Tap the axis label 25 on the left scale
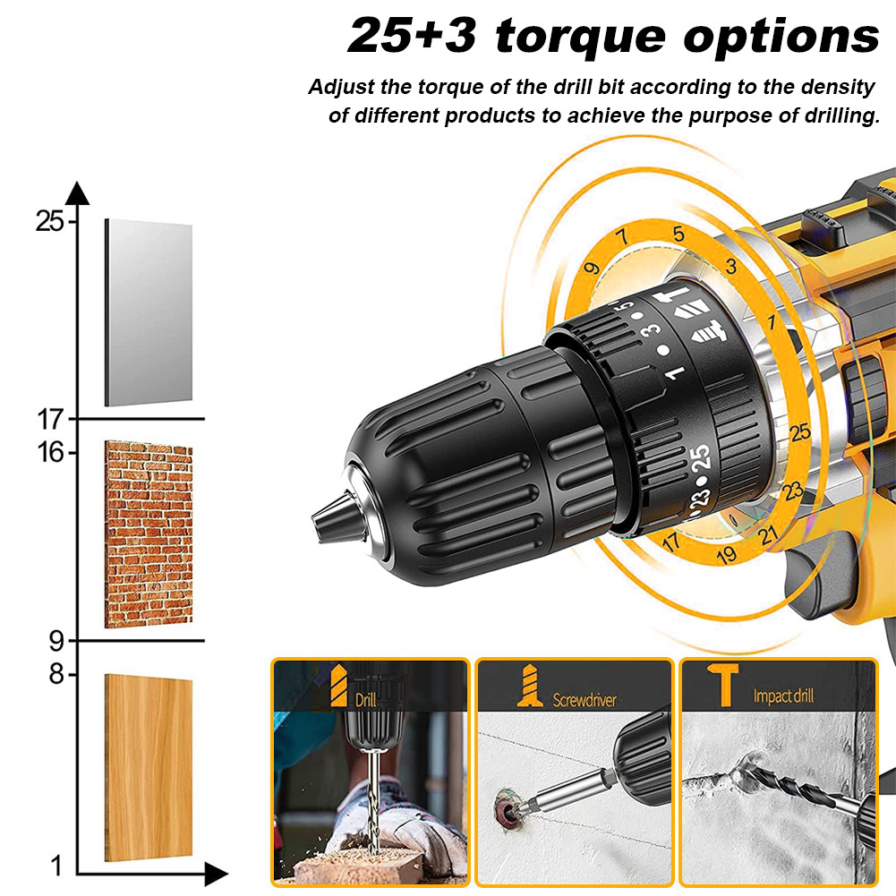(49, 221)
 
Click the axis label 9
(55, 641)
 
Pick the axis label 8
(55, 675)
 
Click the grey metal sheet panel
(149, 312)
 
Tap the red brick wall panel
(149, 533)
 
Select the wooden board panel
(149, 767)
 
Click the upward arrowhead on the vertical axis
(78, 193)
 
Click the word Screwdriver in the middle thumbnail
(585, 700)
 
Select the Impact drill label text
(783, 696)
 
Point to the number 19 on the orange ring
(727, 555)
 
